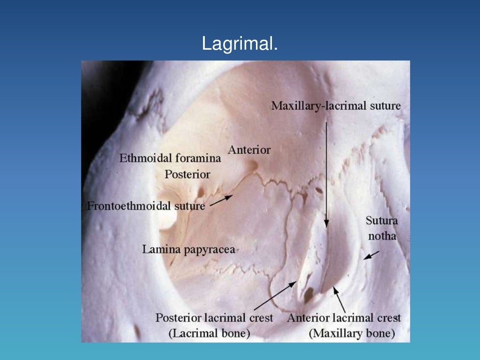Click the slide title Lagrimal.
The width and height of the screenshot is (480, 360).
click(240, 44)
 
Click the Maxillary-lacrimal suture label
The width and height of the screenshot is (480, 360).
click(336, 106)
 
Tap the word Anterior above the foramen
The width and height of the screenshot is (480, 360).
click(249, 150)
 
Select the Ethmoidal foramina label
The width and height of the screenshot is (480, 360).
click(170, 158)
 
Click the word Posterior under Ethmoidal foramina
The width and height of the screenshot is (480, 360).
click(187, 174)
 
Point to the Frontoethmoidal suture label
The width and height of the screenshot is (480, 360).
click(146, 206)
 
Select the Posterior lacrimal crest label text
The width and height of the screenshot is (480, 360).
click(214, 318)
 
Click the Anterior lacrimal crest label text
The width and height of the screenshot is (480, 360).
click(344, 318)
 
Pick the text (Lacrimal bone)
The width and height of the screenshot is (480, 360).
click(209, 334)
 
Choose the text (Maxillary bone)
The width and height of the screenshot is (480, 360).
click(352, 334)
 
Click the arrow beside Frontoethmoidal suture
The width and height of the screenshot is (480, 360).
click(221, 200)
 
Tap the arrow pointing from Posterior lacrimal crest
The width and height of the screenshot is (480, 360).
click(274, 296)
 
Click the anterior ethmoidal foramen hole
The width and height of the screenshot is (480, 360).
click(254, 165)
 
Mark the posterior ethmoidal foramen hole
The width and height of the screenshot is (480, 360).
click(201, 192)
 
